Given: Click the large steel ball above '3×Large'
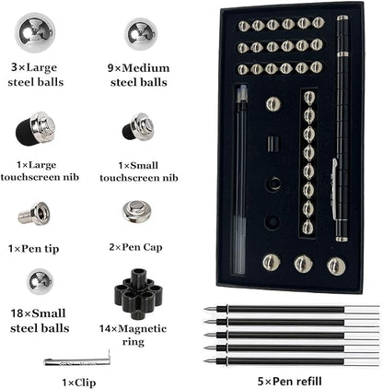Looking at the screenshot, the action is click(35, 32).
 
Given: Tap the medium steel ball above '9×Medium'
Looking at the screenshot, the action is click(141, 34).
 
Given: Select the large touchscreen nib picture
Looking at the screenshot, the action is click(35, 128).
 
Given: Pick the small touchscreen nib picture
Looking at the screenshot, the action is click(138, 126).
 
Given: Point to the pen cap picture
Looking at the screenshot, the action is click(136, 212).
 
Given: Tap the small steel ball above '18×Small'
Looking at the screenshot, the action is click(40, 281).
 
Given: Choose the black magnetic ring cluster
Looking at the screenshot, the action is click(137, 293).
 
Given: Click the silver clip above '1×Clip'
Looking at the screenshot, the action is click(77, 360).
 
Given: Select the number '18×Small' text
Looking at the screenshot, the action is click(38, 313).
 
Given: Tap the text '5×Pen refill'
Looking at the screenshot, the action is click(290, 382).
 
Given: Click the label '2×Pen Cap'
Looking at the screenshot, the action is click(135, 247).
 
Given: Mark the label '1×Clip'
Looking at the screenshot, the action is click(79, 383).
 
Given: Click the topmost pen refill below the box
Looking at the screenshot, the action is click(292, 309).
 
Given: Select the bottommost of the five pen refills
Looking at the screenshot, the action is click(292, 361).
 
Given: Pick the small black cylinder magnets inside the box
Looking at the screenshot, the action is click(273, 144).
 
